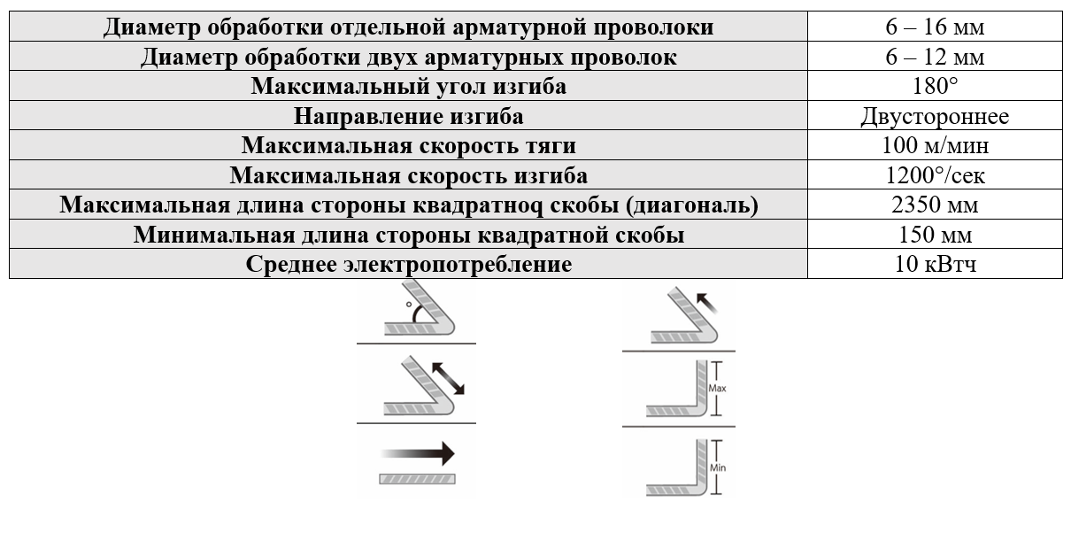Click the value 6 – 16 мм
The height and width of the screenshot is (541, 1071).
[x=935, y=27]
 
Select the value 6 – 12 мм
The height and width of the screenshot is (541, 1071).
[x=935, y=57]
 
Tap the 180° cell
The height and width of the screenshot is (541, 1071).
[x=935, y=87]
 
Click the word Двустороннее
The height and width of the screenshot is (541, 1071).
[x=935, y=116]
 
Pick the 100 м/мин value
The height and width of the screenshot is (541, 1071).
[x=935, y=146]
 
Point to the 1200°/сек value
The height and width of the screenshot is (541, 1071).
[x=935, y=175]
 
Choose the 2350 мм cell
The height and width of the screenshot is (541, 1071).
[x=935, y=205]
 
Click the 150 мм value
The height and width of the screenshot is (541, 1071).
[x=935, y=236]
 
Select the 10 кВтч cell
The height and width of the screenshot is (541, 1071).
[x=935, y=265]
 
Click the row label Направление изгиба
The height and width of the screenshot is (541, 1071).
[x=408, y=116]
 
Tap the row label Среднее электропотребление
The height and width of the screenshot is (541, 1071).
[x=408, y=265]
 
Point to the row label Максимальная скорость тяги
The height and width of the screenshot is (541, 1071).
[x=408, y=146]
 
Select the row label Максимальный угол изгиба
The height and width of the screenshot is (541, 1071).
[x=408, y=87]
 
